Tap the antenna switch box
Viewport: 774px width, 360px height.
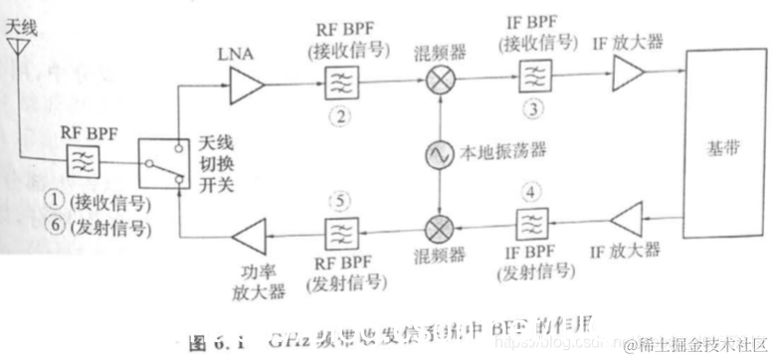coord(163,165)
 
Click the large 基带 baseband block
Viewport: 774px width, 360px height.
coord(720,149)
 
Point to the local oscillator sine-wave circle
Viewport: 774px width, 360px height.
coord(438,154)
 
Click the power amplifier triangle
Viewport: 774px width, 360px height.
coord(248,238)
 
